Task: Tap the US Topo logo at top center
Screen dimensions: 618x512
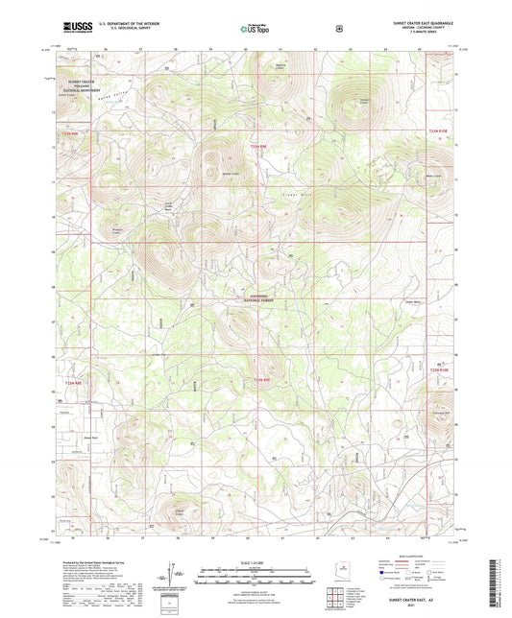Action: [256, 30]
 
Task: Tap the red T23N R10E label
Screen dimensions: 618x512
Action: [438, 130]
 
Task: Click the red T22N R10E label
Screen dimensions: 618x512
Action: [438, 368]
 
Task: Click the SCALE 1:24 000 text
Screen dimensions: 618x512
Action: [256, 561]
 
